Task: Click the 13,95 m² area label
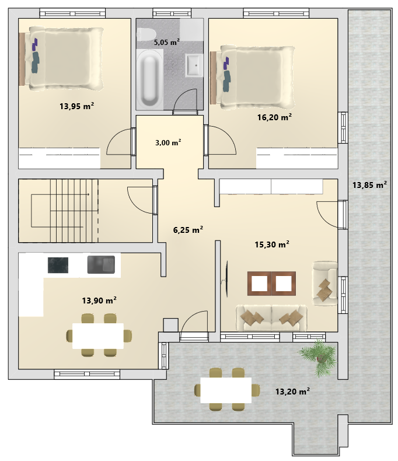tap(76, 106)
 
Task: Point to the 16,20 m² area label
tap(274, 117)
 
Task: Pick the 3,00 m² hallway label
tap(168, 142)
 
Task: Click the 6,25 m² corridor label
tap(188, 229)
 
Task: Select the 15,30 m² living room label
tap(272, 245)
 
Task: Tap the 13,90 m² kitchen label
tap(99, 300)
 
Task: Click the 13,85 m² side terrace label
tap(369, 184)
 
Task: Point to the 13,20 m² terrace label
tap(292, 392)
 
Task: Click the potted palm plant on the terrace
tap(318, 357)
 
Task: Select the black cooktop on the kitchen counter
tap(58, 265)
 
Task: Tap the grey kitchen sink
tap(101, 264)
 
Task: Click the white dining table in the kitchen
tap(98, 336)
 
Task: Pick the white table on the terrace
tap(226, 390)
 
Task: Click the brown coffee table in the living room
tap(271, 284)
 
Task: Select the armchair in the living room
tap(325, 284)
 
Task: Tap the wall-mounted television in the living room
tap(226, 279)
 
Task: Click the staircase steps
tap(74, 211)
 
